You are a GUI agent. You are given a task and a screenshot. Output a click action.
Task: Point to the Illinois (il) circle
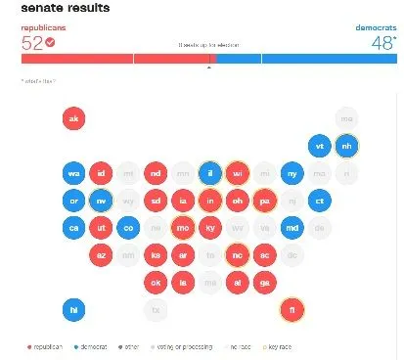pyautogui.click(x=209, y=173)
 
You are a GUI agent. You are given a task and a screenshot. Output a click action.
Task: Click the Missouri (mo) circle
pyautogui.click(x=182, y=228)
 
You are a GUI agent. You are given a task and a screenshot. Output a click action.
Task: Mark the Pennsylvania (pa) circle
pyautogui.click(x=263, y=201)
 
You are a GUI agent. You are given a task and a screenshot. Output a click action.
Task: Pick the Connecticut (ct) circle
pyautogui.click(x=318, y=201)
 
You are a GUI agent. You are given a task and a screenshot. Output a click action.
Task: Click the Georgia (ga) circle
pyautogui.click(x=263, y=282)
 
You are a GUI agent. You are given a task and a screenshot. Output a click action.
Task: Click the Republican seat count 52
pyautogui.click(x=33, y=43)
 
